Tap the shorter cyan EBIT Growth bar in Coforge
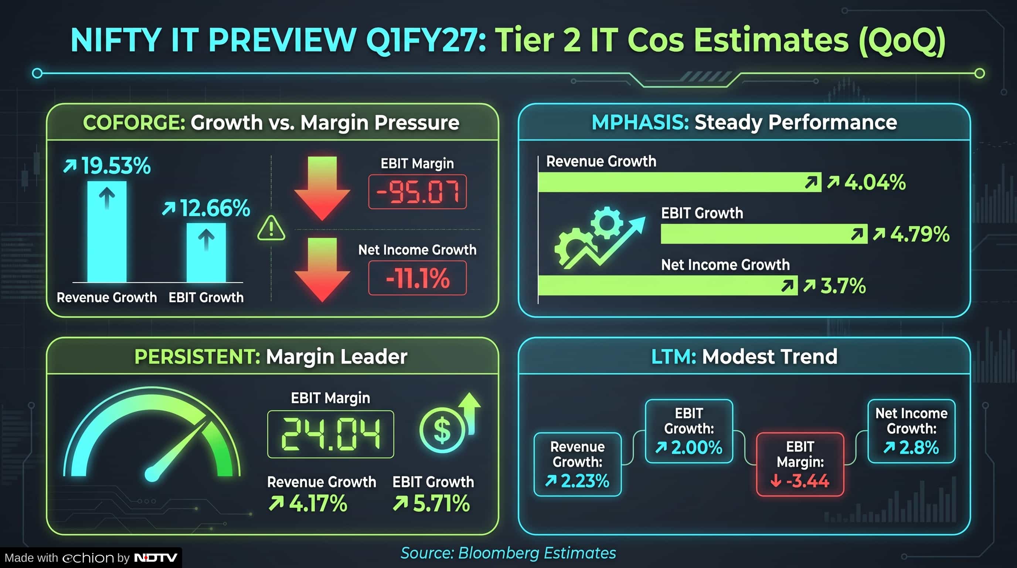coord(206,253)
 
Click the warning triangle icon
coord(271,228)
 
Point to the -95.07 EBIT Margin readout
coord(417,192)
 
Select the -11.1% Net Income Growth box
coord(417,278)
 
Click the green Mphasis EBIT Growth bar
coord(764,234)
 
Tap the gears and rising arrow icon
coord(599,238)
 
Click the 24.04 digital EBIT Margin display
coord(330,434)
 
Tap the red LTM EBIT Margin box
coord(800,464)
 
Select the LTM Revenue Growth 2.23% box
coord(577,464)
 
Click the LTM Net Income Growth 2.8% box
coord(911,431)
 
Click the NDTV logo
coord(156,558)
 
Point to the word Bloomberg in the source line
coord(499,553)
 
